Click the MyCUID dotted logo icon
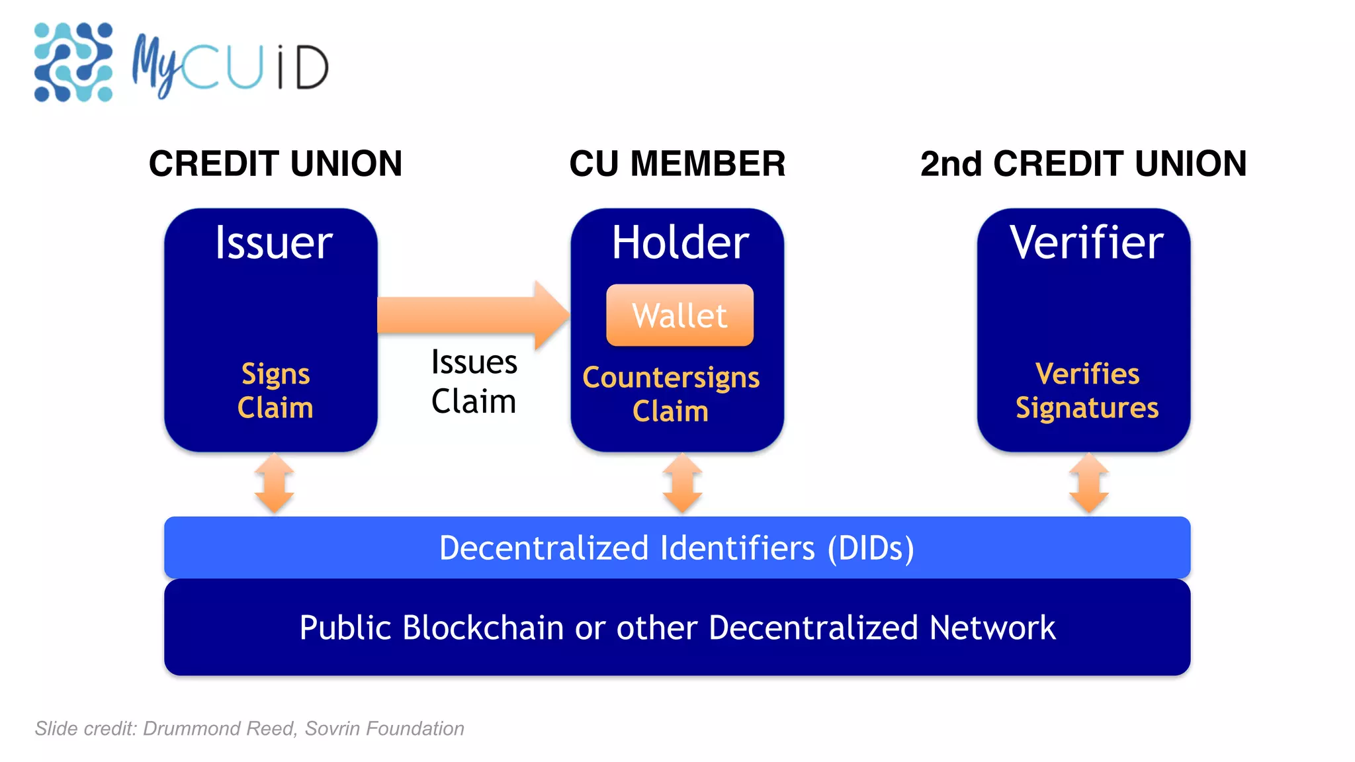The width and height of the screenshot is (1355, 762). point(73,62)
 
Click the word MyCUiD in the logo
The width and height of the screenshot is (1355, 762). point(230,67)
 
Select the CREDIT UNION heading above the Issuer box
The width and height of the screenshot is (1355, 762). point(275,163)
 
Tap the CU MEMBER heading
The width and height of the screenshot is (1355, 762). point(677,163)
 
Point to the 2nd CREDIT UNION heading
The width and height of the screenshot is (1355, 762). point(1083,163)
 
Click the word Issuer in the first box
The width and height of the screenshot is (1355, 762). point(273,243)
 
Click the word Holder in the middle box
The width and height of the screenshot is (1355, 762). point(680,243)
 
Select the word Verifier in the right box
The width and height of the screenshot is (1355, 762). point(1086,243)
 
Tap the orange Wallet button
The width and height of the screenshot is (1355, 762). point(679,315)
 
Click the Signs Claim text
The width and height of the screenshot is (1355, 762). point(275,390)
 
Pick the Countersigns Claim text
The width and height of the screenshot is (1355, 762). point(671,394)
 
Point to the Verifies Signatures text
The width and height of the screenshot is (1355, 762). point(1087,390)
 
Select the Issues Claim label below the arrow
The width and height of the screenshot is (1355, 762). point(474,382)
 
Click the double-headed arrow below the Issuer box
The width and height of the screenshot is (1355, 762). point(275,484)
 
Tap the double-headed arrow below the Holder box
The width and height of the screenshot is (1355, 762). point(682,484)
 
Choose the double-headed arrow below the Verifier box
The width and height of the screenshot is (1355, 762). point(1088,484)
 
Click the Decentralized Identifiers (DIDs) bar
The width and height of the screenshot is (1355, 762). point(677,548)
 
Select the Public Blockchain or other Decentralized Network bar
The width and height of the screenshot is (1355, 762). point(677,627)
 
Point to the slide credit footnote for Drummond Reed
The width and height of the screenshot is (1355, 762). point(249,728)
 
